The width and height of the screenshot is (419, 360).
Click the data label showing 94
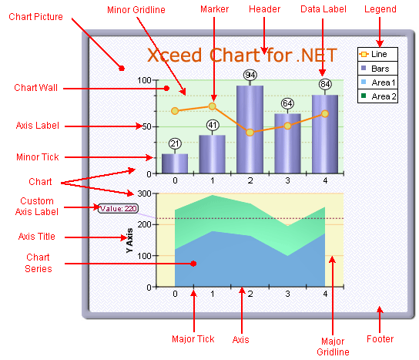(x=250, y=75)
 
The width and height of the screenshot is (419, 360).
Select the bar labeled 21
(x=175, y=163)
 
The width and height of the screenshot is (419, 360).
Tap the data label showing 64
(x=287, y=103)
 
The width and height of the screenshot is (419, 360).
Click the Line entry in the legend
(x=377, y=54)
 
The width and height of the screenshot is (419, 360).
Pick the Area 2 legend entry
(x=377, y=96)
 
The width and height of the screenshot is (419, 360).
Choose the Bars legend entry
(x=377, y=69)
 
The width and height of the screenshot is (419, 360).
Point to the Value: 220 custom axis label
(x=118, y=208)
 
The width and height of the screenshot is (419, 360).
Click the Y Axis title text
(x=129, y=241)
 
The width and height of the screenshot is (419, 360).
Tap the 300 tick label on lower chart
(x=144, y=193)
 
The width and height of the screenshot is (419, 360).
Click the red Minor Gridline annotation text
(x=136, y=10)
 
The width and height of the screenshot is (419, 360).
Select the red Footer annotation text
(x=380, y=339)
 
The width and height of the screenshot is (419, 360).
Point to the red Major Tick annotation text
(x=193, y=339)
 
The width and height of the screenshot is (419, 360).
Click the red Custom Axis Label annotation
(x=37, y=207)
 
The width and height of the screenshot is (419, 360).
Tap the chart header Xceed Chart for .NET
(x=242, y=55)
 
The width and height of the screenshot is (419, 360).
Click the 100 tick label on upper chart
(x=144, y=80)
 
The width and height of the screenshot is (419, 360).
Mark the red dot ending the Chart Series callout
(x=194, y=264)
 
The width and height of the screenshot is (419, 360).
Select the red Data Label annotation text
(x=323, y=9)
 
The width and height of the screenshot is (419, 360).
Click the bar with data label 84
(x=325, y=134)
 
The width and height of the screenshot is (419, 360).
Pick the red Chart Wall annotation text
(x=35, y=87)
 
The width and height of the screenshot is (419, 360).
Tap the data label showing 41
(x=213, y=125)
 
